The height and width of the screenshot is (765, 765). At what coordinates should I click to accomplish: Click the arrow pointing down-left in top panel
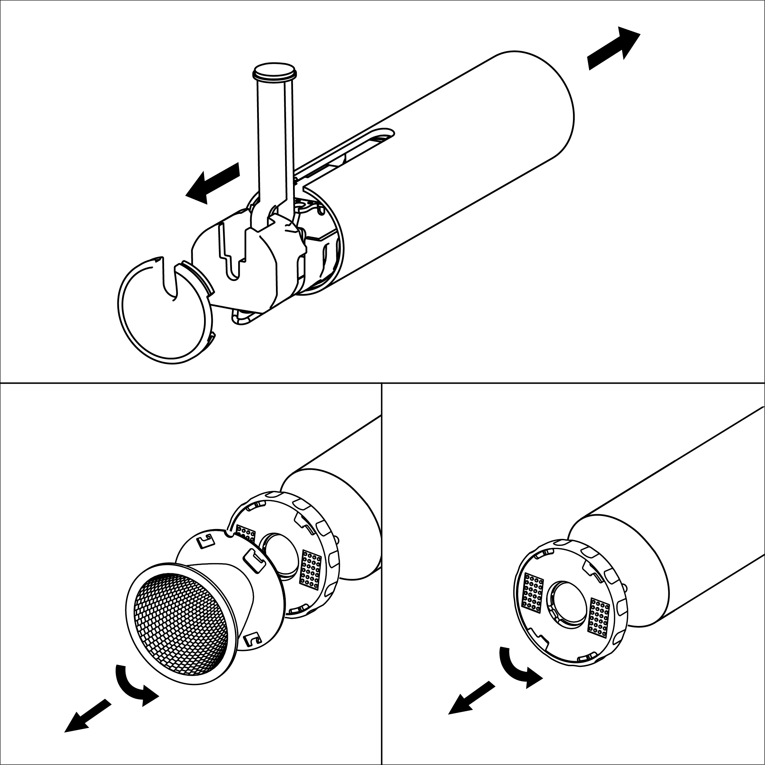coord(212,184)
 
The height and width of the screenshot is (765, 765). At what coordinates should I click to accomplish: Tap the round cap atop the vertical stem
coord(274,71)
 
